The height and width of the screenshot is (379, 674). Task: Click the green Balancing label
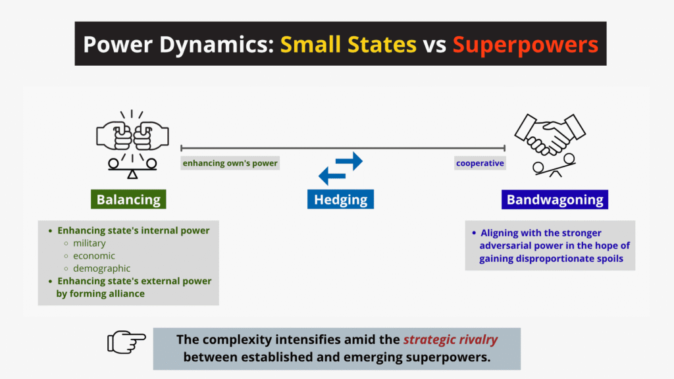coord(128,199)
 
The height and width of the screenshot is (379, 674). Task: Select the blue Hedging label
coord(340,199)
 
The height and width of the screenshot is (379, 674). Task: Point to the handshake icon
coord(550,135)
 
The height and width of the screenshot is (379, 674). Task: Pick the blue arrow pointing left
coord(333,175)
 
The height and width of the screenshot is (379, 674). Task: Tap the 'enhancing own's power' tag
coord(230,163)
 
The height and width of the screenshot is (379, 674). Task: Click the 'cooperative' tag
coord(480,163)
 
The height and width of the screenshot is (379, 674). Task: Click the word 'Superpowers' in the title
coord(525,44)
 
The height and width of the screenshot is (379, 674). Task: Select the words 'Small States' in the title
coord(348,44)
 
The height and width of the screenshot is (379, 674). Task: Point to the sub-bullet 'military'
coord(89,243)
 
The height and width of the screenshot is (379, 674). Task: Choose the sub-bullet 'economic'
coord(93,255)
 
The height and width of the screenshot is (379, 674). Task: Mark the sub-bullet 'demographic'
coord(101,268)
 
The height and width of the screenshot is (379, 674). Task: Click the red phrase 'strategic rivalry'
coord(450,340)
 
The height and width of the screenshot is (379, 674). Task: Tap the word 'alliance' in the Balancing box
coord(126,293)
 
